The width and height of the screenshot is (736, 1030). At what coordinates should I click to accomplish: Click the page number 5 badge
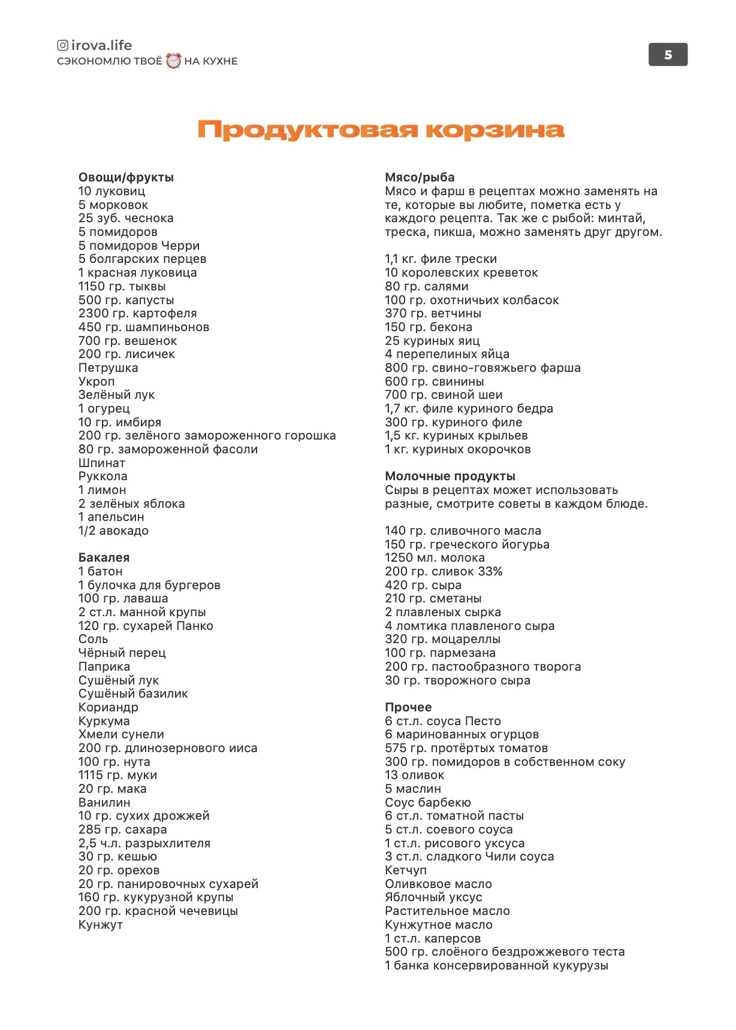(668, 55)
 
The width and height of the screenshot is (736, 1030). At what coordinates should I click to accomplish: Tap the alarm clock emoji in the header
(173, 60)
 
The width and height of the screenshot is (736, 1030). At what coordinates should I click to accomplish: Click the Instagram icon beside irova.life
(62, 46)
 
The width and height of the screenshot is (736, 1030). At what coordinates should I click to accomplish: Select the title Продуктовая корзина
(381, 130)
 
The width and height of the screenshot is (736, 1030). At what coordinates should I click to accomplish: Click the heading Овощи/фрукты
(126, 177)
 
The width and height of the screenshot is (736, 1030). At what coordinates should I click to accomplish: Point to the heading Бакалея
(104, 558)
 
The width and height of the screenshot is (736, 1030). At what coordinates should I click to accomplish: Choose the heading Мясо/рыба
(420, 177)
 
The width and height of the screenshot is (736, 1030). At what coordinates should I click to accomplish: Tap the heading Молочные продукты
(450, 476)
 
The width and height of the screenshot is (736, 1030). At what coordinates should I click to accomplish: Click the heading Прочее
(408, 707)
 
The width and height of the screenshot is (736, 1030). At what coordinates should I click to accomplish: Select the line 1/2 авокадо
(113, 531)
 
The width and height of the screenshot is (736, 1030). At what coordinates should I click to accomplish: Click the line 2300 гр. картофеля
(137, 313)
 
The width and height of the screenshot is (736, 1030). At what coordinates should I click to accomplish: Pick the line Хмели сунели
(121, 734)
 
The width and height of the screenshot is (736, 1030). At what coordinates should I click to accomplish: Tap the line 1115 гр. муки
(117, 775)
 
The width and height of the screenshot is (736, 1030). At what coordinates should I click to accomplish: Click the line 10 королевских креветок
(461, 272)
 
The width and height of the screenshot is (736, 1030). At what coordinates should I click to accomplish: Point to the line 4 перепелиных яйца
(447, 354)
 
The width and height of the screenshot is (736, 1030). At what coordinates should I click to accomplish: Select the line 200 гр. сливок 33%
(444, 571)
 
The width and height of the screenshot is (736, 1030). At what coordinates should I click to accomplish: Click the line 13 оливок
(414, 775)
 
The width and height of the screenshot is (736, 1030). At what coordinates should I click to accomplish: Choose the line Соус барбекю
(428, 802)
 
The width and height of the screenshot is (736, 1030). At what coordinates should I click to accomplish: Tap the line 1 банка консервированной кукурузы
(496, 965)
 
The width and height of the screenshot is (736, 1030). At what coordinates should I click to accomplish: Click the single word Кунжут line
(101, 925)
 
